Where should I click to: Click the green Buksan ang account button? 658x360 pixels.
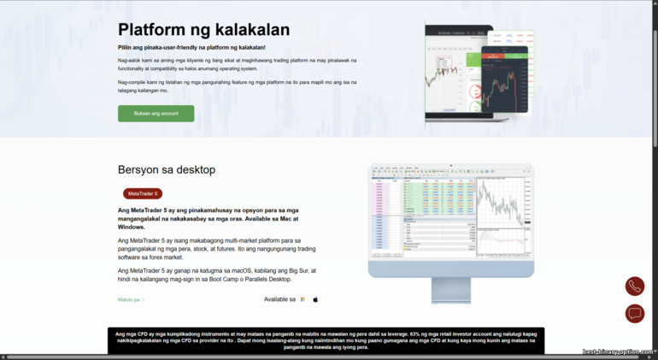coord(156,113)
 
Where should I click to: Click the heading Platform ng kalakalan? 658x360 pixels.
coord(203,30)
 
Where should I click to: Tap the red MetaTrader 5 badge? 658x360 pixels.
coord(142,194)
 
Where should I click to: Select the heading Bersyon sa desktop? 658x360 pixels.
coord(167,169)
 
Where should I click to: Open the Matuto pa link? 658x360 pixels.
coord(131,300)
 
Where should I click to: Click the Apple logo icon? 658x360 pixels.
coord(315,300)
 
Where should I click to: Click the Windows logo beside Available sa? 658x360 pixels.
coord(303,300)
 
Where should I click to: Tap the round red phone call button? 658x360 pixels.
coord(634,286)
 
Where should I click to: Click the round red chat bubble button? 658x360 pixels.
coord(634,314)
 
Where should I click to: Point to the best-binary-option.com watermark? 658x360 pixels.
coord(618,351)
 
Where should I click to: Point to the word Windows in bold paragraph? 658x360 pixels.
coord(132,227)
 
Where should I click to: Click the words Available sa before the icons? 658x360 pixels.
coord(279,300)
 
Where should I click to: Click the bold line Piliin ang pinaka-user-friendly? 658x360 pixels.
coord(191,48)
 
